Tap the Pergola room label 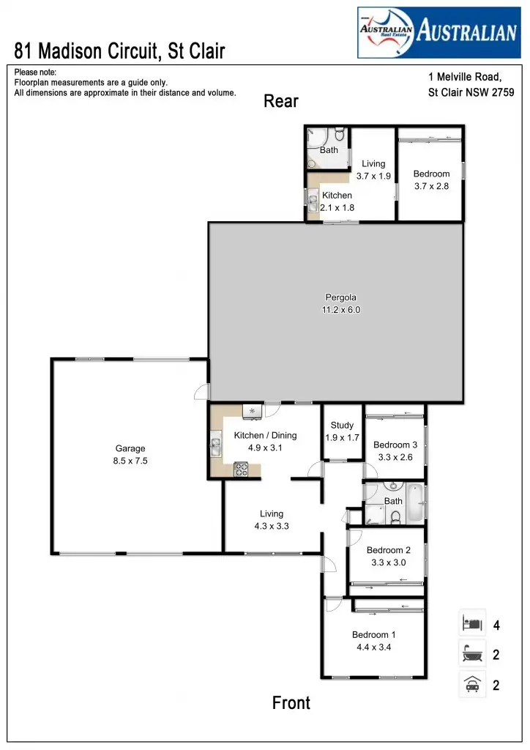(341, 297)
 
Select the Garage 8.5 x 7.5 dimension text (131, 461)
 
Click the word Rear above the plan (281, 101)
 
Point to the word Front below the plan (291, 703)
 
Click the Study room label (342, 425)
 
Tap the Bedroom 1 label (373, 634)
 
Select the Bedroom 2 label (388, 550)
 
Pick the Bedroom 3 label (395, 445)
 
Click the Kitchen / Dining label (265, 435)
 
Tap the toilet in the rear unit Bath (339, 136)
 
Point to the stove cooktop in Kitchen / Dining (241, 470)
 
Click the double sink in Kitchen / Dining (217, 442)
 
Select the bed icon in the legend (471, 624)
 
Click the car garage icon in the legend (471, 686)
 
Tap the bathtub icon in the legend (471, 654)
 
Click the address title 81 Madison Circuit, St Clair (119, 51)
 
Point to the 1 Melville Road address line (464, 76)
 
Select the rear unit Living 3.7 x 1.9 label (373, 170)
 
